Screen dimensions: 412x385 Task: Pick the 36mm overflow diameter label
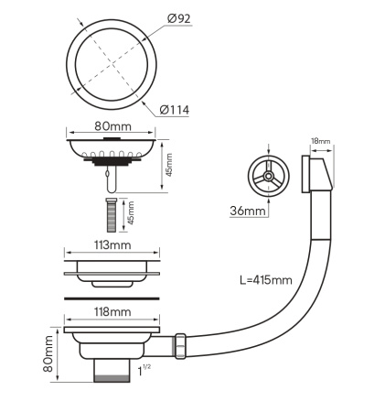(x=249, y=211)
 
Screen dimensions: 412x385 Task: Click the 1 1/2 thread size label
(x=144, y=370)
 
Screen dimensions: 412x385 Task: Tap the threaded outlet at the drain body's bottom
(x=112, y=371)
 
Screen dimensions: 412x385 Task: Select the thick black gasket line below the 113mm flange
(x=113, y=298)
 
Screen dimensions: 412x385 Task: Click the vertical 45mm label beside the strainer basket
(x=168, y=165)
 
